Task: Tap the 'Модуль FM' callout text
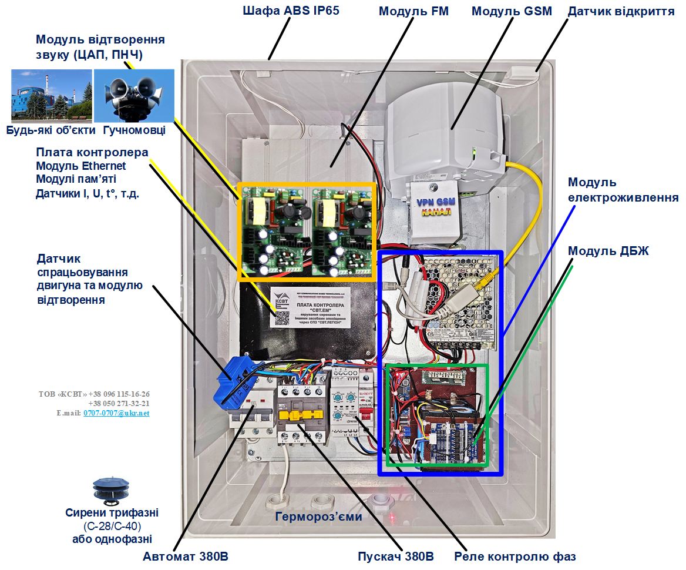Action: (413, 11)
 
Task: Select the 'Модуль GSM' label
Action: (512, 11)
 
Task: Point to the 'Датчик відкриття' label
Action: (621, 11)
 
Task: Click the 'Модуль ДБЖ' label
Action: (608, 251)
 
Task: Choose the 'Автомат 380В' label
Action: (186, 556)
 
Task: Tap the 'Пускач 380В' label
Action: (396, 556)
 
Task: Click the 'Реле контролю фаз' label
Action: (515, 556)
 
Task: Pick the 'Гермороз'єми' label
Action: (318, 517)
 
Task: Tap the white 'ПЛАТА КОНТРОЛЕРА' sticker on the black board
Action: (310, 307)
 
